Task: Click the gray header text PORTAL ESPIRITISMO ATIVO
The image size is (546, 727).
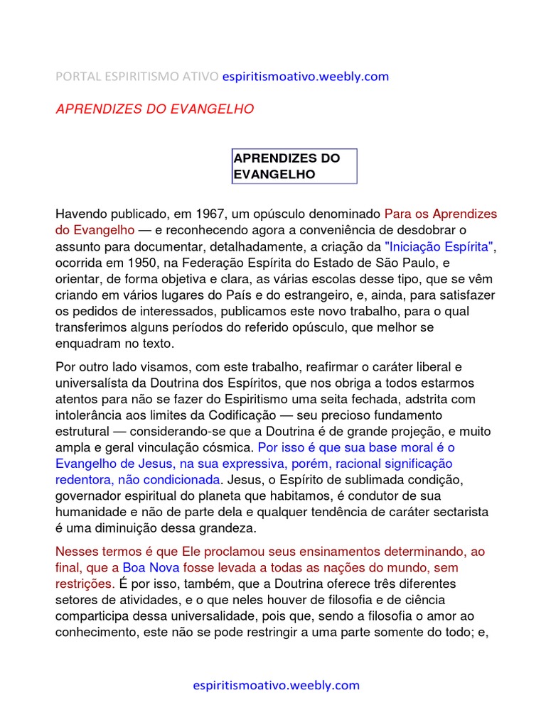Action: coord(137,76)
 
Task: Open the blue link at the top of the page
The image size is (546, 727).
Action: coord(306,76)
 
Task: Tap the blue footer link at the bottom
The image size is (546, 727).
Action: coord(277,685)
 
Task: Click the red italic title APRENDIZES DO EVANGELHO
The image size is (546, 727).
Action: coord(154,109)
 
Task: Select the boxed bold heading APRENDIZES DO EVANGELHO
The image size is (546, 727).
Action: coord(287,166)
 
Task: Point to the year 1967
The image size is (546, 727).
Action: coord(207,214)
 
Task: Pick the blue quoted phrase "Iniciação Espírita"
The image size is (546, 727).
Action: coord(439,246)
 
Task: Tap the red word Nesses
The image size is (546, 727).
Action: coord(76,552)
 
